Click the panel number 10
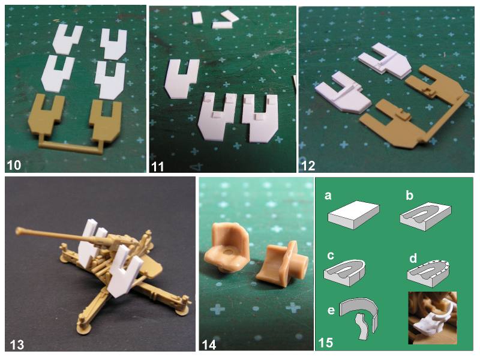[x=13, y=165]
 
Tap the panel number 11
[x=157, y=166]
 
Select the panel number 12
[x=308, y=166]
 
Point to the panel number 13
[x=17, y=345]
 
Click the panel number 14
[x=209, y=345]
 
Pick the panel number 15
[x=325, y=343]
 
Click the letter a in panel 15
[x=328, y=196]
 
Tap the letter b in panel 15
[x=409, y=195]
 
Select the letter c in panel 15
[x=331, y=256]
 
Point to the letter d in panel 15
[x=413, y=258]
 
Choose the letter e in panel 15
[x=331, y=310]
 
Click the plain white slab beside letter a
[x=353, y=215]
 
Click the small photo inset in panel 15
[x=433, y=318]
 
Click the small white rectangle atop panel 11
[x=197, y=17]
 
